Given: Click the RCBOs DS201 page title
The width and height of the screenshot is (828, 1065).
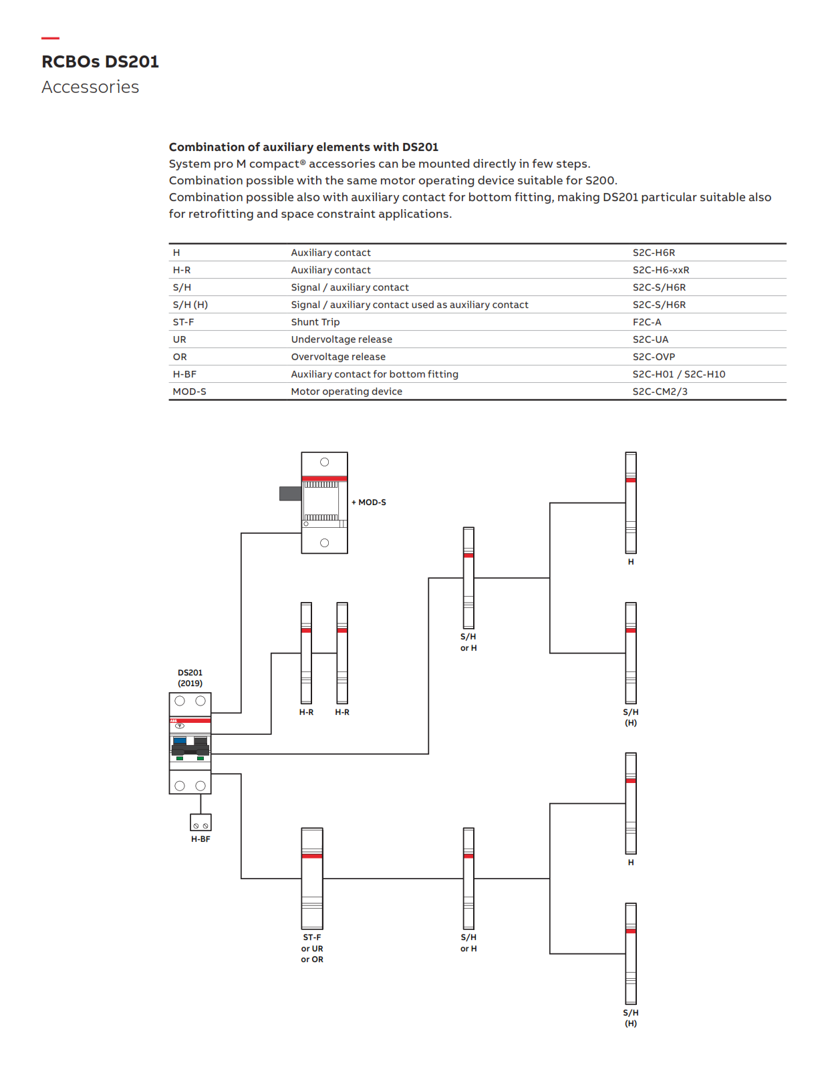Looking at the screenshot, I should [x=100, y=61].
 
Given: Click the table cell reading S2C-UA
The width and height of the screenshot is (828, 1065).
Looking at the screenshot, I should [x=650, y=339].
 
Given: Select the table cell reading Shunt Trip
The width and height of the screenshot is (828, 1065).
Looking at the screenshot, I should [x=315, y=322].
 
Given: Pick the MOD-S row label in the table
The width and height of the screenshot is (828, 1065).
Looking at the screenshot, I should [x=189, y=392].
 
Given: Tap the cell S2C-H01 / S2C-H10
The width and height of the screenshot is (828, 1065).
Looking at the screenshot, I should [x=678, y=374].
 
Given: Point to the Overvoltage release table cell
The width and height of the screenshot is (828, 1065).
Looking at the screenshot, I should [x=337, y=357].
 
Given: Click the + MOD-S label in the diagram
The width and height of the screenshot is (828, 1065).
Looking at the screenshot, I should [x=369, y=502].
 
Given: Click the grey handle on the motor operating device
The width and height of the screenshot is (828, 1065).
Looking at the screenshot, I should [x=290, y=494].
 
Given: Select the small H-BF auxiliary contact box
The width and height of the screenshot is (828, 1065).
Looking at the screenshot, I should [x=200, y=822].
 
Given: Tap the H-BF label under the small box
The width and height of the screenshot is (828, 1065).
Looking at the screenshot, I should [x=200, y=839].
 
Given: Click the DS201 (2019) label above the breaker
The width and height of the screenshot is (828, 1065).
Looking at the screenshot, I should [x=190, y=678].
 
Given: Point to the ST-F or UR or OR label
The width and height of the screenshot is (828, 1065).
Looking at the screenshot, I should [x=312, y=948].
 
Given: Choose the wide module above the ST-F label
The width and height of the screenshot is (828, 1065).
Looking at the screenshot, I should [x=312, y=879].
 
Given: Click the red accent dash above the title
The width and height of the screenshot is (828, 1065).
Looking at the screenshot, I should [x=50, y=38].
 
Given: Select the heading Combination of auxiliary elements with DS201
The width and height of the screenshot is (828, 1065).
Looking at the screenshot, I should [x=303, y=147].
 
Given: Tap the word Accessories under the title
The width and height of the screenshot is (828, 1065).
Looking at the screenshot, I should [x=90, y=88].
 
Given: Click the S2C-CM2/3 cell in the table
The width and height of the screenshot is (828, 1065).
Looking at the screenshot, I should [x=660, y=392].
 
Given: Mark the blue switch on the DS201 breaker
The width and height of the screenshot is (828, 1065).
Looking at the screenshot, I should [x=180, y=741].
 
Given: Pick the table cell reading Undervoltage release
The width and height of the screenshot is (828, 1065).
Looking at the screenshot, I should [x=341, y=339].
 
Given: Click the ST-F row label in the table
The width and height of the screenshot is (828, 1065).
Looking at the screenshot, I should [x=183, y=322].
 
